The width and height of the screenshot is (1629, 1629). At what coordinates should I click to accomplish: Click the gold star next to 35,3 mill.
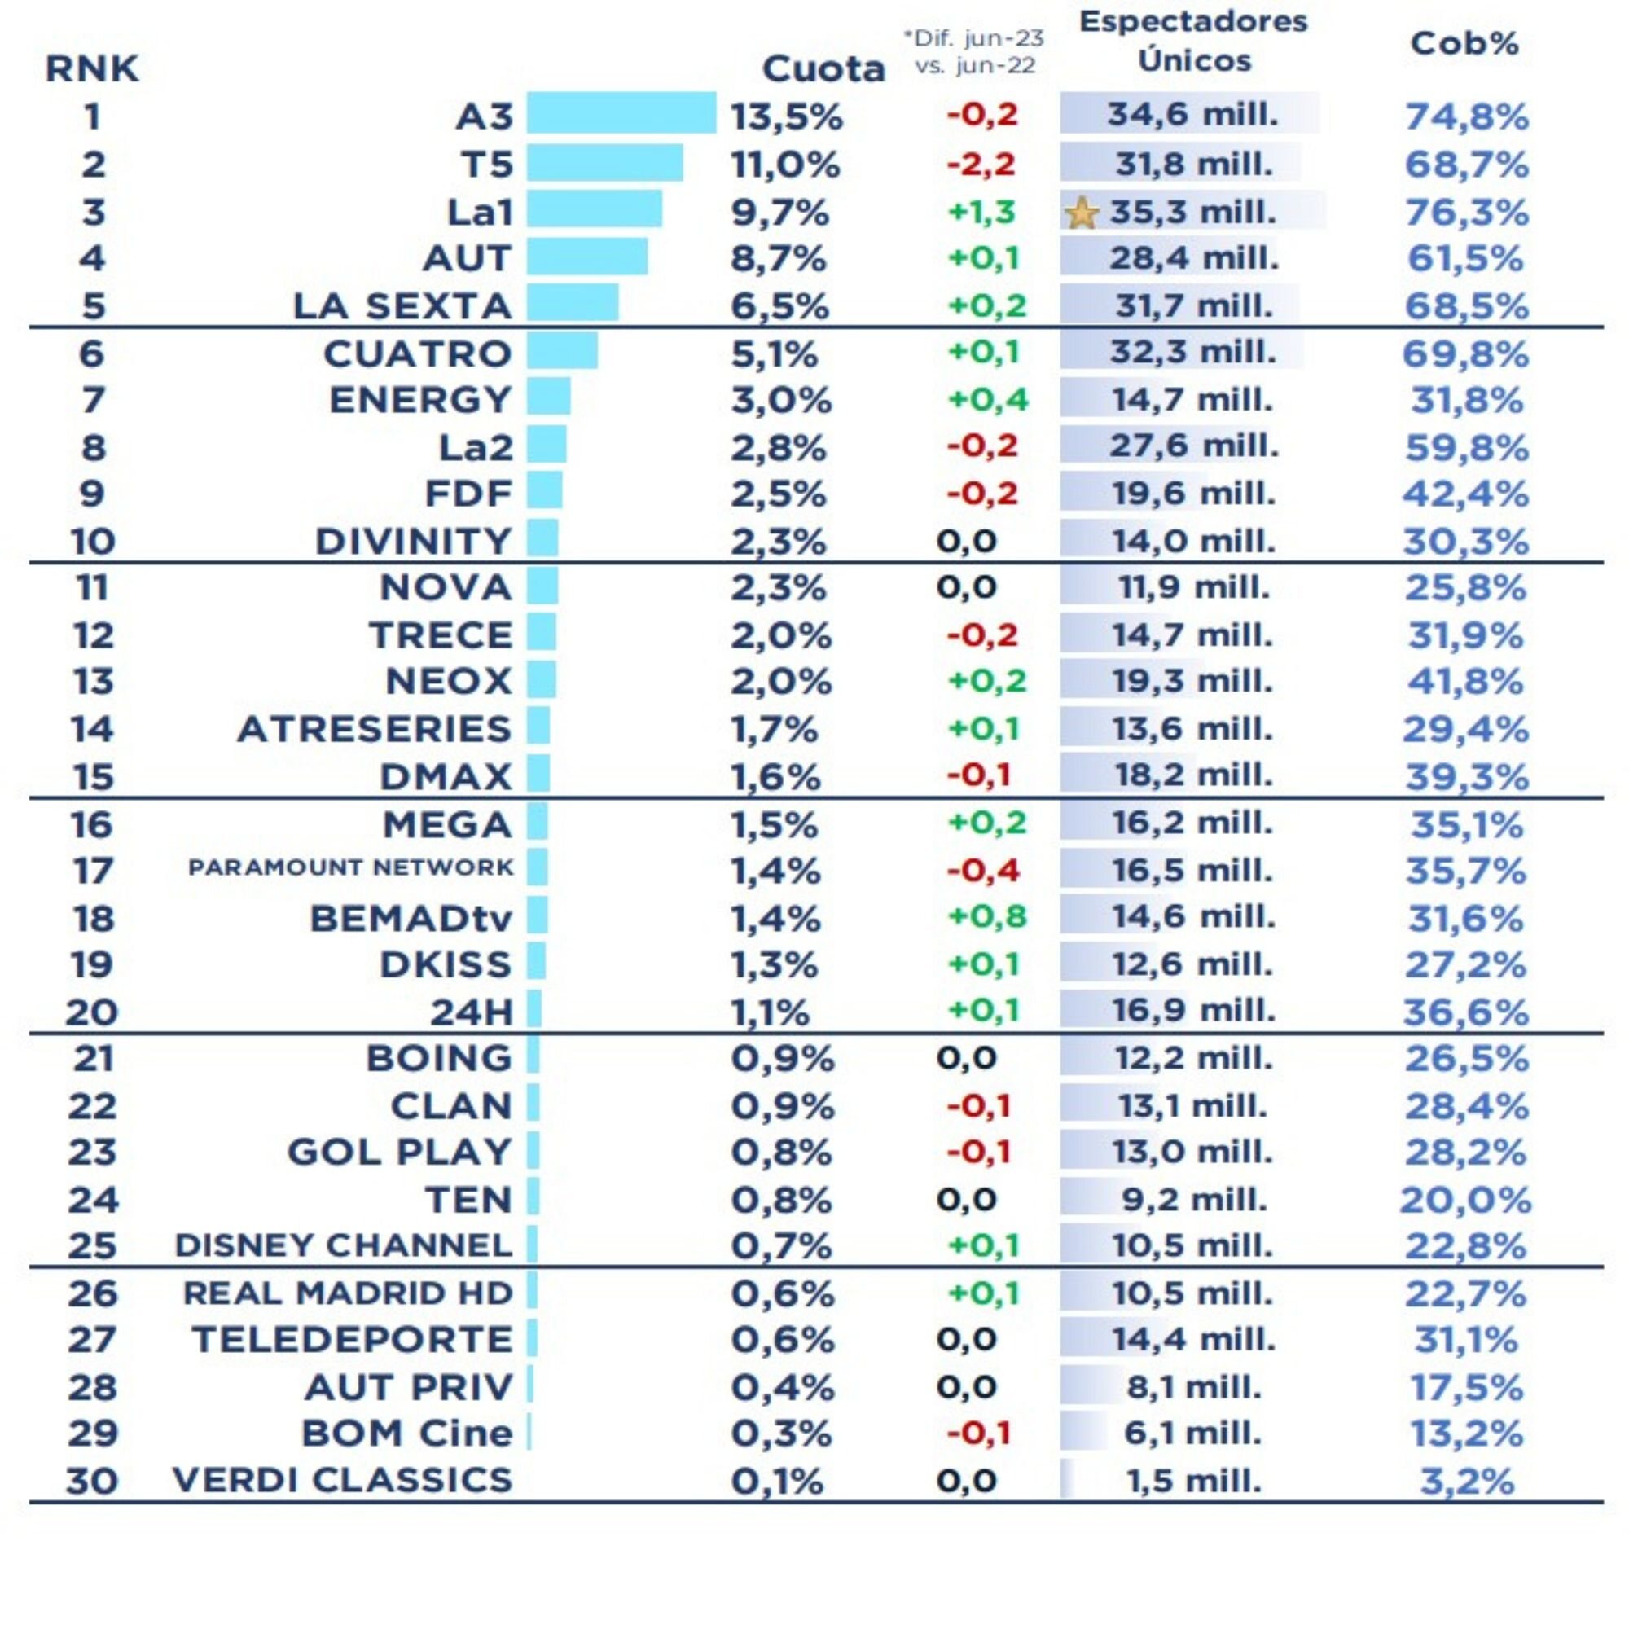click(x=1082, y=214)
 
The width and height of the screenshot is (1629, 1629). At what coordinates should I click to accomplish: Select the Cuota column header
click(x=823, y=69)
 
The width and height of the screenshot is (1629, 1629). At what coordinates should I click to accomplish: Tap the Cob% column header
click(x=1464, y=44)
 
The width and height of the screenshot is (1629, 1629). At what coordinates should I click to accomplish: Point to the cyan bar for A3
click(x=621, y=114)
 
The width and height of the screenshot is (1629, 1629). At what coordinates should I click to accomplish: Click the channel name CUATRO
click(x=417, y=354)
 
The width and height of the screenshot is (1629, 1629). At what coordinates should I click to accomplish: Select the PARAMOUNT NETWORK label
click(x=350, y=867)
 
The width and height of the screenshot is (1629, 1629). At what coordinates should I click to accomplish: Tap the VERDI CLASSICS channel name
click(x=342, y=1480)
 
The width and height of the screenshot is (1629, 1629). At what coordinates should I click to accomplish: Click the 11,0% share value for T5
click(x=785, y=165)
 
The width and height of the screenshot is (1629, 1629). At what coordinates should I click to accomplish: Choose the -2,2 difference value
click(x=981, y=164)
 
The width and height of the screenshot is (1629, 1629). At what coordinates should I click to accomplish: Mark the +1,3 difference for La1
click(x=981, y=212)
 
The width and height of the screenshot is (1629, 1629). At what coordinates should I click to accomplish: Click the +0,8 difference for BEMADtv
click(x=986, y=915)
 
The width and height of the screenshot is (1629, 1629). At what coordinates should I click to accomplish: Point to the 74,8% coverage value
click(x=1466, y=116)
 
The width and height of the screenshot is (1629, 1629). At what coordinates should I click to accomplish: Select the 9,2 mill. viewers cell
click(x=1193, y=1199)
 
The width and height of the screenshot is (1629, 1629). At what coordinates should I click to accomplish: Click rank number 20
click(x=92, y=1011)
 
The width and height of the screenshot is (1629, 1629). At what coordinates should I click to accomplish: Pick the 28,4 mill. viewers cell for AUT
click(x=1193, y=258)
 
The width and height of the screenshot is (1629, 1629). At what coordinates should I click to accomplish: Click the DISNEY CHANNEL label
click(x=343, y=1245)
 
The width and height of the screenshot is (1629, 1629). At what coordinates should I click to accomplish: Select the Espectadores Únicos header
click(x=1193, y=41)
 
